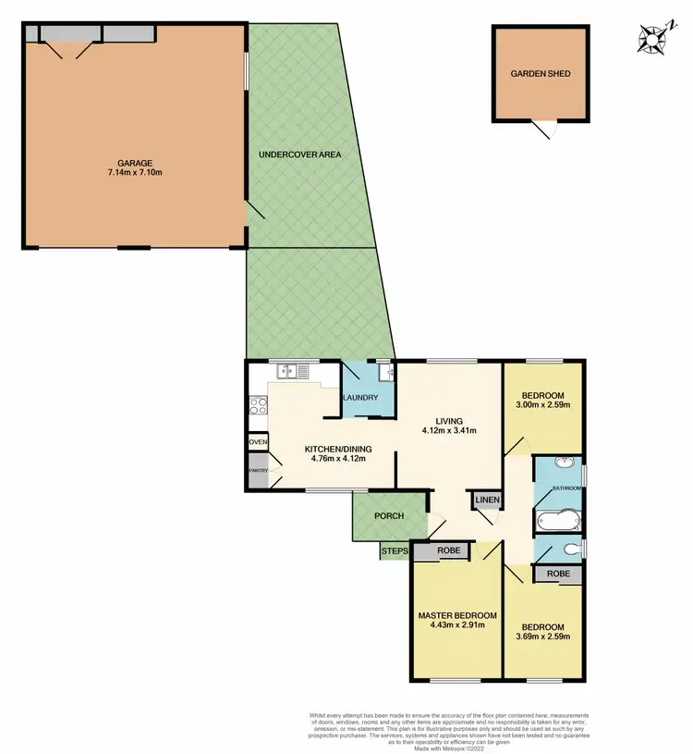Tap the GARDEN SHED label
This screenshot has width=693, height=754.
pyautogui.click(x=541, y=73)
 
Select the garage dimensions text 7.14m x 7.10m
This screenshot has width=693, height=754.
pyautogui.click(x=135, y=173)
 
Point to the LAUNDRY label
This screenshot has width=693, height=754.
pyautogui.click(x=360, y=399)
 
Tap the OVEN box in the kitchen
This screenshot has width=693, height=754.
pyautogui.click(x=258, y=442)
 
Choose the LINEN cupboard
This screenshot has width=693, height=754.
pyautogui.click(x=487, y=501)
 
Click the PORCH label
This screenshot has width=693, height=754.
pyautogui.click(x=389, y=516)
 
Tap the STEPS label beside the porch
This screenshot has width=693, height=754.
pyautogui.click(x=395, y=552)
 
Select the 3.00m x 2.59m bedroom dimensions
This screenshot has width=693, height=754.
pyautogui.click(x=543, y=404)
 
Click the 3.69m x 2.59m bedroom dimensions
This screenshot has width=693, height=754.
pyautogui.click(x=543, y=636)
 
